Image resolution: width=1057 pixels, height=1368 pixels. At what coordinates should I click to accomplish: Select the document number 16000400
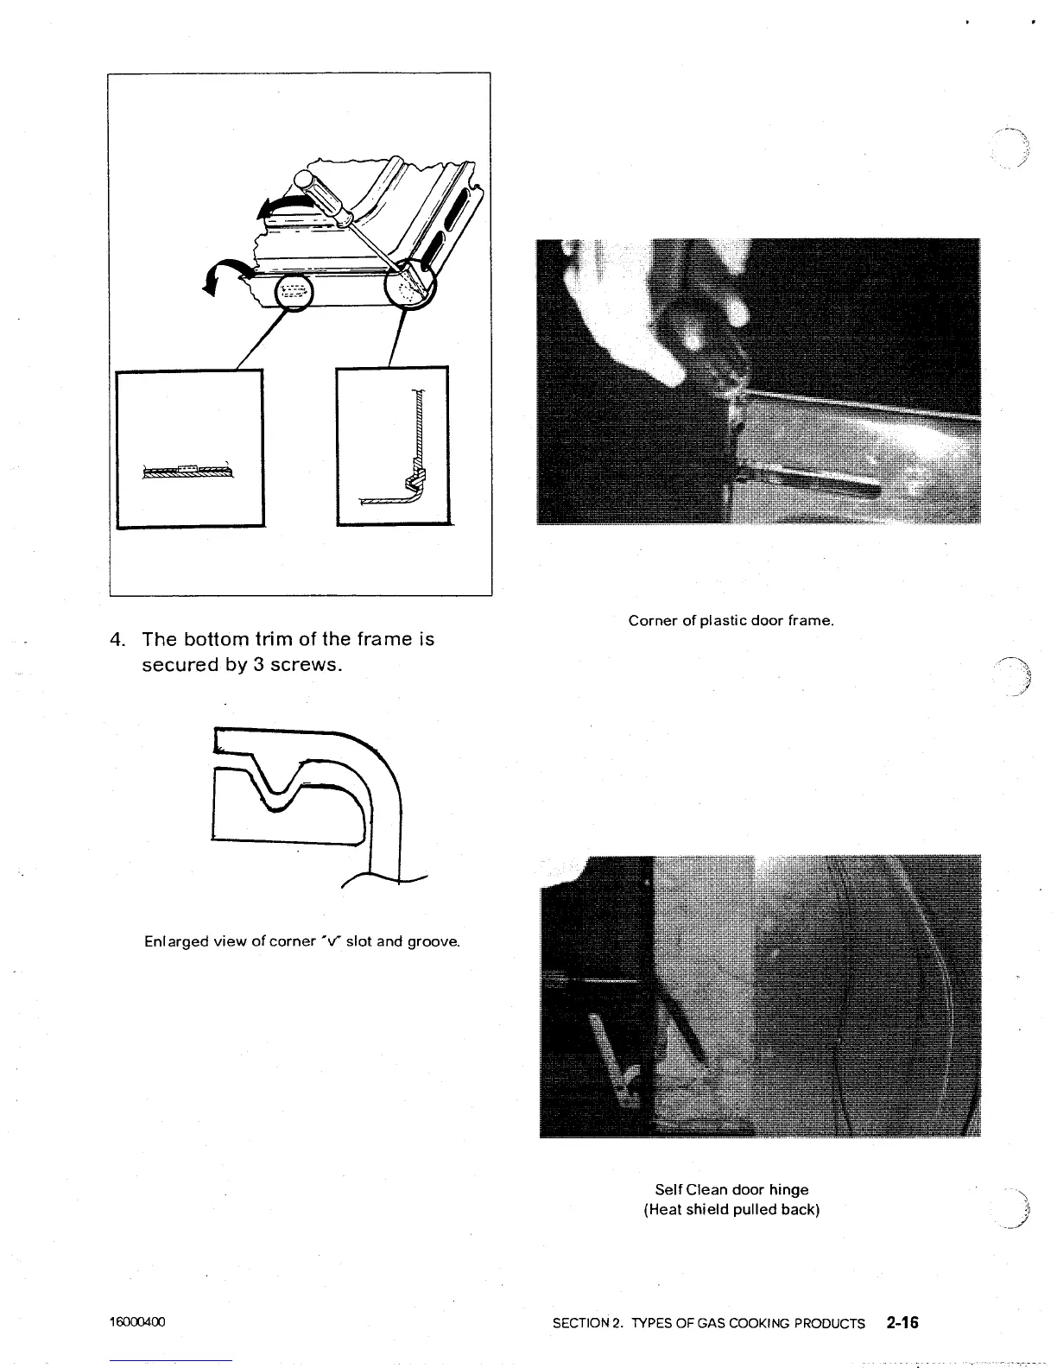(137, 1323)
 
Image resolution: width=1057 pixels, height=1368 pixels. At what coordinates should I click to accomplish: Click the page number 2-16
(902, 1322)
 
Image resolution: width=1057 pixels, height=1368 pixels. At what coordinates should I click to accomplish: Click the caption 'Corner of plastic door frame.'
(731, 621)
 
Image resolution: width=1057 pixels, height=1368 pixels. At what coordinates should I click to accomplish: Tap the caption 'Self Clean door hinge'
(731, 1190)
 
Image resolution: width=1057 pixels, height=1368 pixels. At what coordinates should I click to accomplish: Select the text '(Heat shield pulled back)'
(731, 1209)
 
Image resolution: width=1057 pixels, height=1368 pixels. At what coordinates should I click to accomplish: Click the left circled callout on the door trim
(294, 293)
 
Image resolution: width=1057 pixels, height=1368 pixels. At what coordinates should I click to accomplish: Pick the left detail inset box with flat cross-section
(190, 447)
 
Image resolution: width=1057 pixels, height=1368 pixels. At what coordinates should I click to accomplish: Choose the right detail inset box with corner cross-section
(393, 446)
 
